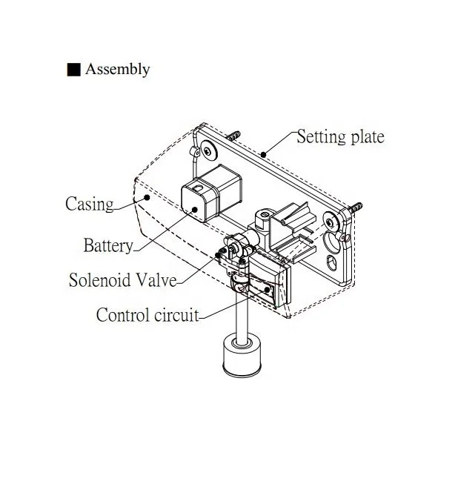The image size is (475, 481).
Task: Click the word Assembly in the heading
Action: point(117,70)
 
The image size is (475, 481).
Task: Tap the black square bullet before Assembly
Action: point(73,70)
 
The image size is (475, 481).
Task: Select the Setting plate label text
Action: point(340,137)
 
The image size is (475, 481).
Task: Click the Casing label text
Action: point(90,204)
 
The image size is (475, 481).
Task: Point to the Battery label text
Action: point(108,245)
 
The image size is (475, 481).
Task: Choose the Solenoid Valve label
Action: point(123,279)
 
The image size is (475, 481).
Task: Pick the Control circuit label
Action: point(147,315)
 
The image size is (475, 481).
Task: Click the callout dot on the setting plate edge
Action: point(263,155)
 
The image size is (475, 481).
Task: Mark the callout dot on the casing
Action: point(147,197)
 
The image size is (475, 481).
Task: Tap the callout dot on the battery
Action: point(195,210)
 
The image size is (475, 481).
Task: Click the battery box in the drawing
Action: point(211,193)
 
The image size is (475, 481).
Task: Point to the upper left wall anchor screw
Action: point(234,136)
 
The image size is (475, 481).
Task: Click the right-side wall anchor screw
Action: point(356,208)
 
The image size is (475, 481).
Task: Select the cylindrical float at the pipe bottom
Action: point(242,354)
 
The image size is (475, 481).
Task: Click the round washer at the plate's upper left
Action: point(209,150)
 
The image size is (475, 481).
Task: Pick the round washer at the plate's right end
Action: point(331,222)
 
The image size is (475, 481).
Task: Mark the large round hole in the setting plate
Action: point(332,243)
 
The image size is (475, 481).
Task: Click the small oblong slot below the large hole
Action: point(331,262)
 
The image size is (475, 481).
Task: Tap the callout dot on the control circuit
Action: point(267,289)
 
